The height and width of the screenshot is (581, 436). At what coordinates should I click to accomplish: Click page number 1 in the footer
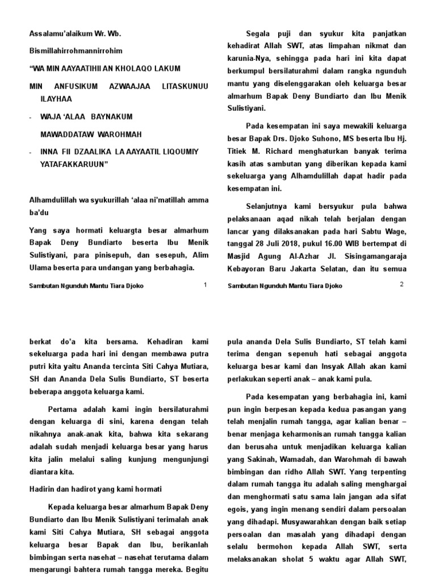click(x=204, y=285)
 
